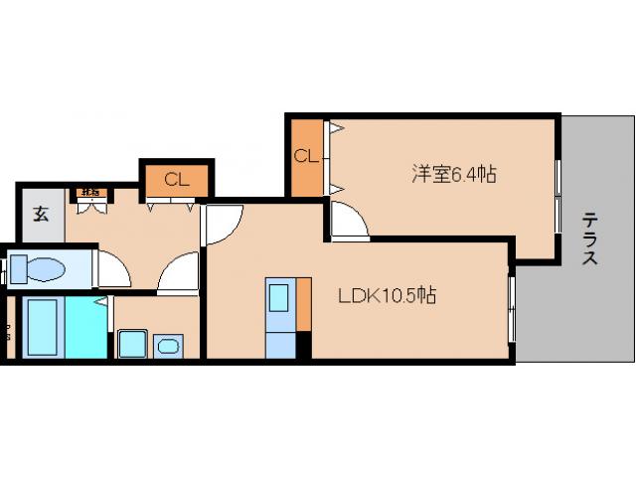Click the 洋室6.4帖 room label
[x=454, y=175]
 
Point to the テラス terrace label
[x=589, y=238]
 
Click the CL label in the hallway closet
[x=177, y=180]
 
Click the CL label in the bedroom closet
[x=305, y=156]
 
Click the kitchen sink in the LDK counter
[x=279, y=298]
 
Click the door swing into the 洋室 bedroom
[x=348, y=222]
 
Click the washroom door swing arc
[x=180, y=272]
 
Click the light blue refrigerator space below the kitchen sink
[x=280, y=344]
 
